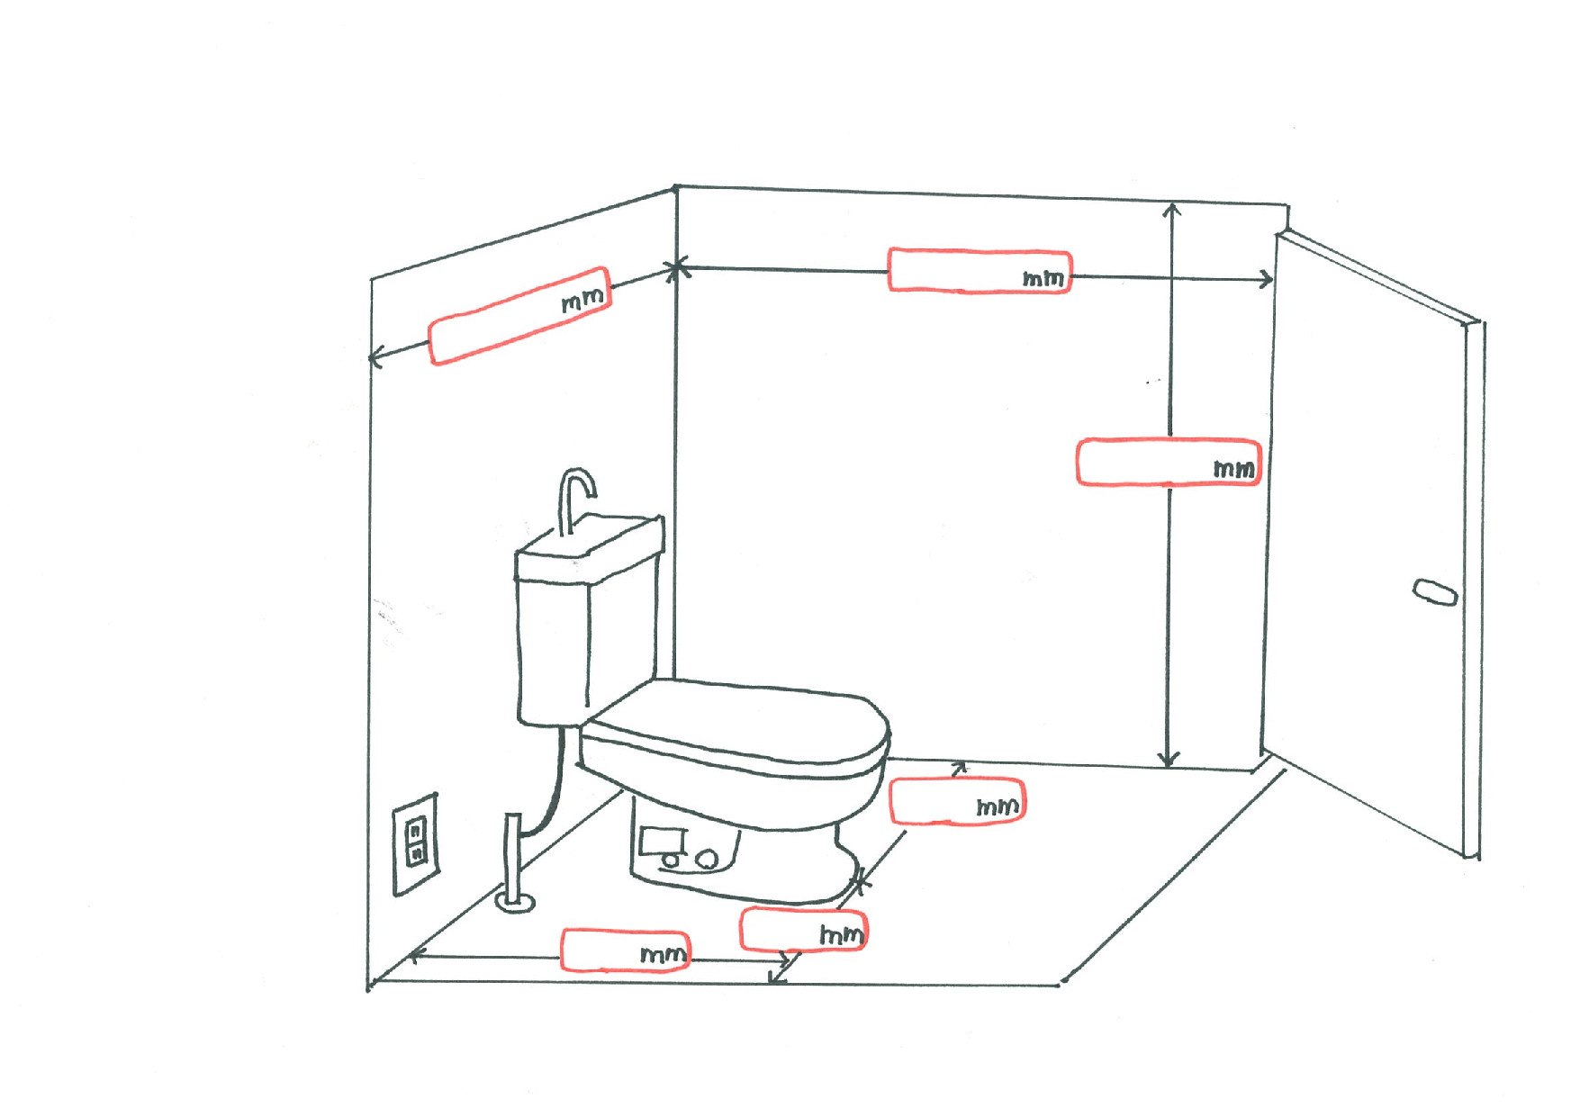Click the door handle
click(x=1434, y=591)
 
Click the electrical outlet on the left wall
click(x=415, y=843)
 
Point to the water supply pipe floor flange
click(x=516, y=901)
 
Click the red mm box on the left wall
click(x=520, y=316)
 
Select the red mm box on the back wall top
click(x=980, y=271)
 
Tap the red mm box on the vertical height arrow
click(x=1168, y=463)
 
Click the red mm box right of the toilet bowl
click(x=957, y=801)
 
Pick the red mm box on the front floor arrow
click(x=626, y=950)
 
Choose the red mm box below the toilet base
click(x=804, y=930)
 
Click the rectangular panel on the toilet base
click(x=663, y=842)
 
